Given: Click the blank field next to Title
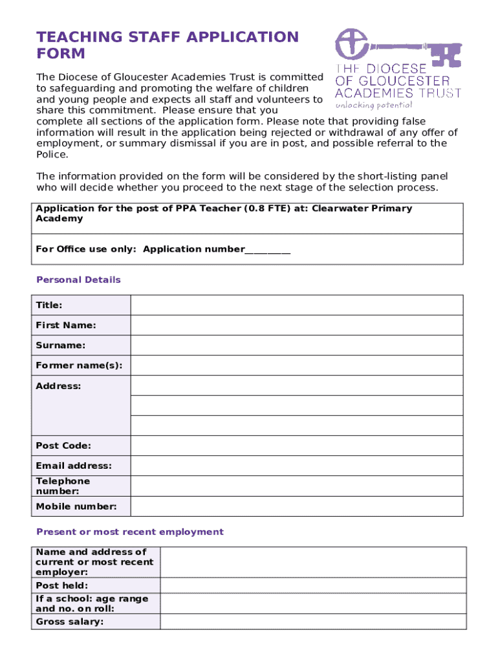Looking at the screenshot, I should (297, 306).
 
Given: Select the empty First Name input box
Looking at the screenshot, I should (297, 326).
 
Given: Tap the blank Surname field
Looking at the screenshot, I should (297, 346).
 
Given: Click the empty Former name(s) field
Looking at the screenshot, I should (297, 366).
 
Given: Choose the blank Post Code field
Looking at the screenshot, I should (297, 446).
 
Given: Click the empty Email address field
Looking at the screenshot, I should (297, 466).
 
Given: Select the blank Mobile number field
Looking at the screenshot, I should (297, 506).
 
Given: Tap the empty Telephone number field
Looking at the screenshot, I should (297, 486).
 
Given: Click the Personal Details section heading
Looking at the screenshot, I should (78, 280).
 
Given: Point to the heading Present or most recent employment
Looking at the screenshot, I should (130, 532).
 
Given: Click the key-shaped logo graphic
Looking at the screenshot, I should (397, 48).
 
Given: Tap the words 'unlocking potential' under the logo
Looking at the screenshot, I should (373, 105).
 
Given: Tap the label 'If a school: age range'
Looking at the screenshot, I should (92, 599).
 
